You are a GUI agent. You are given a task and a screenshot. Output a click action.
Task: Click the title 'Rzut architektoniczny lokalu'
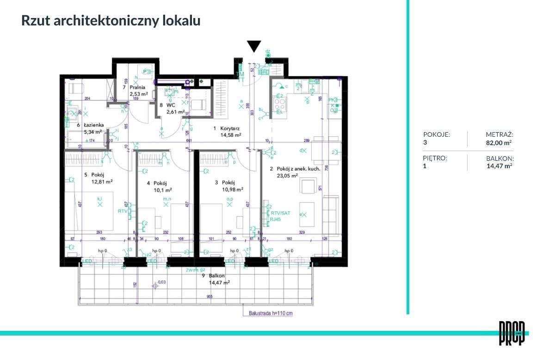(111, 21)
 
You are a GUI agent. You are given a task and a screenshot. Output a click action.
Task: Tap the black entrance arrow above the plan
(253, 46)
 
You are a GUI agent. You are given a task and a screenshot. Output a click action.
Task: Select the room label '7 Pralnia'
(135, 87)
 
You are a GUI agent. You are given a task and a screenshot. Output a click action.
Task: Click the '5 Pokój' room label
(94, 175)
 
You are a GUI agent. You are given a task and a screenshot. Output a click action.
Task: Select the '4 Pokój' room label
(156, 183)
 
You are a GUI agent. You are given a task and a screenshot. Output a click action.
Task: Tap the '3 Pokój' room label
(226, 182)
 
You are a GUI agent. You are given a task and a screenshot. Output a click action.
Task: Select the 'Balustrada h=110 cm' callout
(271, 313)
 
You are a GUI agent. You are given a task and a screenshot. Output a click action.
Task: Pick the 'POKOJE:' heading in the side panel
(437, 134)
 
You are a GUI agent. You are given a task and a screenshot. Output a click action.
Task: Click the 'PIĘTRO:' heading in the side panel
(435, 158)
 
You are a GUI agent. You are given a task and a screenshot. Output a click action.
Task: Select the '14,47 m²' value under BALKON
(499, 166)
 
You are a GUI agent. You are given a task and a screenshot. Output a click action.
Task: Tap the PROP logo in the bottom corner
(512, 333)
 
